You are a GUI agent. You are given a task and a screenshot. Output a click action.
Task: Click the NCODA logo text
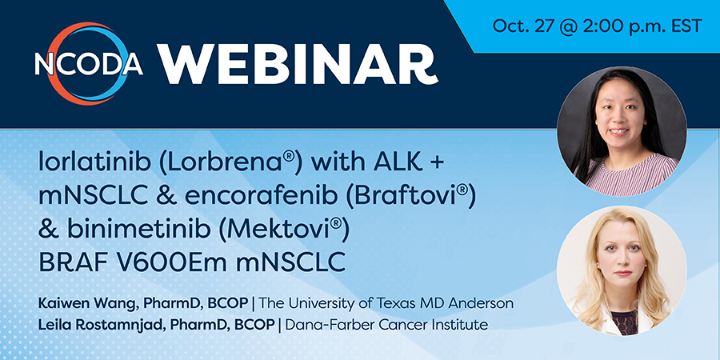[x=89, y=64]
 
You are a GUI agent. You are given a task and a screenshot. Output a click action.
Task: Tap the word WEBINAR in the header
[x=298, y=65]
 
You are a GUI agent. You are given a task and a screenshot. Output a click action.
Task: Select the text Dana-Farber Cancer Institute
[x=386, y=325]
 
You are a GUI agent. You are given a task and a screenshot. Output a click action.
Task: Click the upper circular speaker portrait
[x=622, y=131]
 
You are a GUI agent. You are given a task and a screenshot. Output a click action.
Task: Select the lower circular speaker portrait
[x=622, y=270]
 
